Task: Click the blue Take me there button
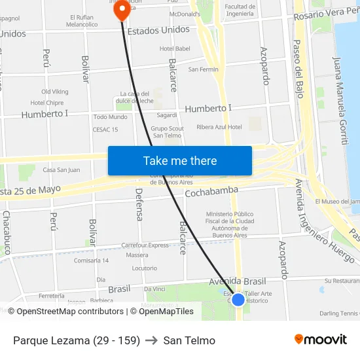[180, 160]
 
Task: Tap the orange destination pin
[121, 10]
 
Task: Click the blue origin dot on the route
[238, 299]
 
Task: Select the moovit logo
[321, 340]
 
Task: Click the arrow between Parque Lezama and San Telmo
[151, 340]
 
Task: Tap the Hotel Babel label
[175, 48]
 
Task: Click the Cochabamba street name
[211, 192]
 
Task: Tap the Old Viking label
[54, 92]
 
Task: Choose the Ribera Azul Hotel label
[219, 127]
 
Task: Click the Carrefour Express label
[145, 245]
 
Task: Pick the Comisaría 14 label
[92, 261]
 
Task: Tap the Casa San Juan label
[61, 170]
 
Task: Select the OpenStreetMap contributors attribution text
[65, 312]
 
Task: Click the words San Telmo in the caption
[189, 340]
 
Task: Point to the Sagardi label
[167, 115]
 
